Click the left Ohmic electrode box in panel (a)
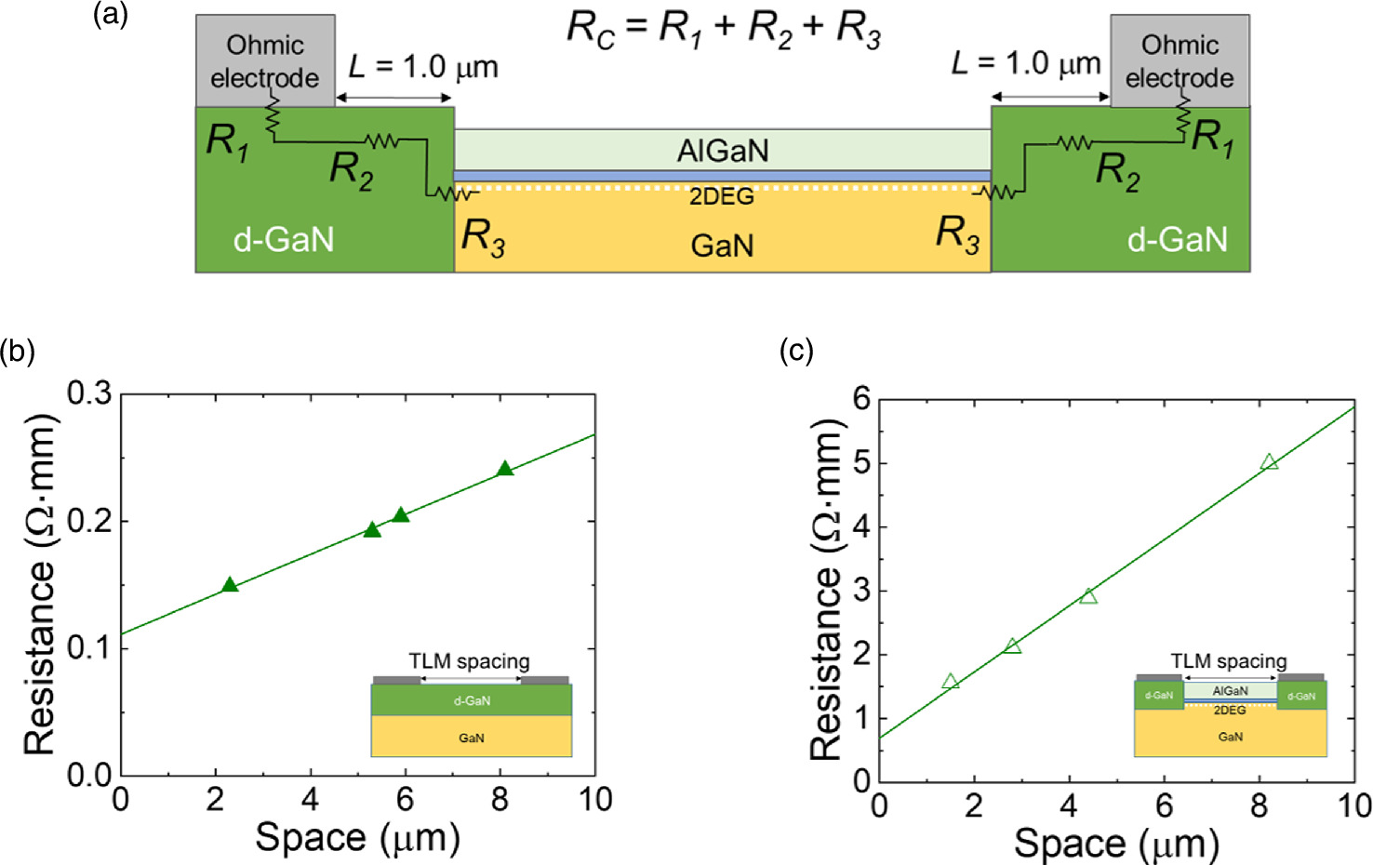point(265,60)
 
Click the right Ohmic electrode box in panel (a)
point(1180,60)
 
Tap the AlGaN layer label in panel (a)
point(723,151)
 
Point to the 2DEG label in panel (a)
point(722,196)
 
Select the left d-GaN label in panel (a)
point(283,240)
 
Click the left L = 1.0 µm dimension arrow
point(394,98)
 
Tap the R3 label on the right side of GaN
point(957,233)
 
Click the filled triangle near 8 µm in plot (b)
point(504,469)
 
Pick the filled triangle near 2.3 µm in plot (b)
point(230,585)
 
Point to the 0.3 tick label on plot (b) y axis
point(89,393)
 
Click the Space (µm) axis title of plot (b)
point(358,837)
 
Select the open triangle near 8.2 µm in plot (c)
point(1269,461)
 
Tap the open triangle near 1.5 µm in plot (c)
point(950,682)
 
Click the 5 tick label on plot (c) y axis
point(862,463)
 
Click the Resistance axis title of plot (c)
point(826,591)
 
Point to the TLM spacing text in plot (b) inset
point(469,661)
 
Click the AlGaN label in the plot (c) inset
point(1230,691)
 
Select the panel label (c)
point(796,351)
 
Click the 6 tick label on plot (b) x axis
point(405,800)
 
